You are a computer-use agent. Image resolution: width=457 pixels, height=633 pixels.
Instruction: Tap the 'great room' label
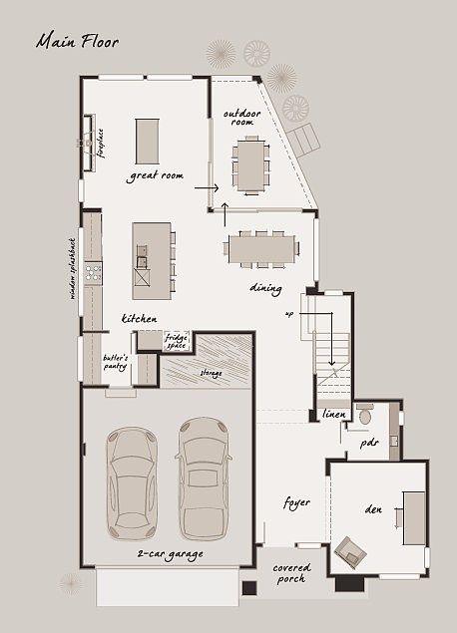click(x=157, y=175)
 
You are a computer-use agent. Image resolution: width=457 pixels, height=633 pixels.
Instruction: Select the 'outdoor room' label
click(x=241, y=118)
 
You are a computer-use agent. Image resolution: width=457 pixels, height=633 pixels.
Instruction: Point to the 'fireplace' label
click(x=101, y=142)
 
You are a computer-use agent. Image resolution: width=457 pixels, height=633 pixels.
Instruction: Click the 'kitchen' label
click(x=140, y=318)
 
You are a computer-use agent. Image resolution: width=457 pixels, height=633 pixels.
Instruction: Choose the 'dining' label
click(x=265, y=289)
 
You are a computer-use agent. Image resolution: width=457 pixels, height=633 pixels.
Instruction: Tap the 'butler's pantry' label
click(x=117, y=362)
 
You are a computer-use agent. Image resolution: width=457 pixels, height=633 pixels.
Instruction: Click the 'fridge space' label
click(x=176, y=342)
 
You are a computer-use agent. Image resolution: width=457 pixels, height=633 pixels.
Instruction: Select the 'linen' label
click(x=333, y=413)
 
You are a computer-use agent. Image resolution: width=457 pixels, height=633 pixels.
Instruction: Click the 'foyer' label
click(x=296, y=502)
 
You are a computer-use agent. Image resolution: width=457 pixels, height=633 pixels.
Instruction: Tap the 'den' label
click(x=373, y=509)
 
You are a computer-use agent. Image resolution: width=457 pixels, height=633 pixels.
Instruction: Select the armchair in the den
click(x=350, y=549)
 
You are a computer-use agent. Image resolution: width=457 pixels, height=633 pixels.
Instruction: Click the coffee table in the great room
click(x=147, y=141)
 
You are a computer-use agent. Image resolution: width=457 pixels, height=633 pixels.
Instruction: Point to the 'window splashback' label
click(x=72, y=267)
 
